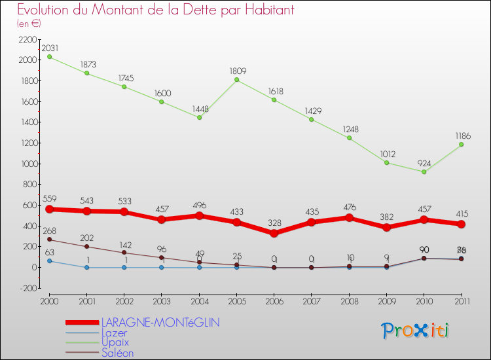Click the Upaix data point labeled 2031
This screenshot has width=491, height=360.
pyautogui.click(x=49, y=57)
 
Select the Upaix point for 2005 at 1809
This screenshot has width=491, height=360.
pyautogui.click(x=236, y=80)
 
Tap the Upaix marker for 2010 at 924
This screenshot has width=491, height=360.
pyautogui.click(x=424, y=171)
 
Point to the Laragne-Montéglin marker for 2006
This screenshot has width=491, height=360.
pyautogui.click(x=274, y=233)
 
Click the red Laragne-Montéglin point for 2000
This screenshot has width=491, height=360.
pyautogui.click(x=49, y=209)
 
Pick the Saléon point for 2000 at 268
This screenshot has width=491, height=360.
pyautogui.click(x=49, y=240)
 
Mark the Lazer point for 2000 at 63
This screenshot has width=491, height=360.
pyautogui.click(x=49, y=261)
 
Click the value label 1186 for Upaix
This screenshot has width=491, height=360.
pyautogui.click(x=462, y=135)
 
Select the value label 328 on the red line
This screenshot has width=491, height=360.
pyautogui.click(x=274, y=223)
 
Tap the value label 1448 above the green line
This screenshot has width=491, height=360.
pyautogui.click(x=199, y=109)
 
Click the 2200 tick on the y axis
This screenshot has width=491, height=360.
pyautogui.click(x=28, y=39)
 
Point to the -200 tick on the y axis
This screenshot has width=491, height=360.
pyautogui.click(x=28, y=288)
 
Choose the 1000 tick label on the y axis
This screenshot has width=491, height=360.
pyautogui.click(x=28, y=164)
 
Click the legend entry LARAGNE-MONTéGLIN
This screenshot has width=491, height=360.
pyautogui.click(x=160, y=322)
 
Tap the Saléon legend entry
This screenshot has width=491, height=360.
pyautogui.click(x=117, y=353)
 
